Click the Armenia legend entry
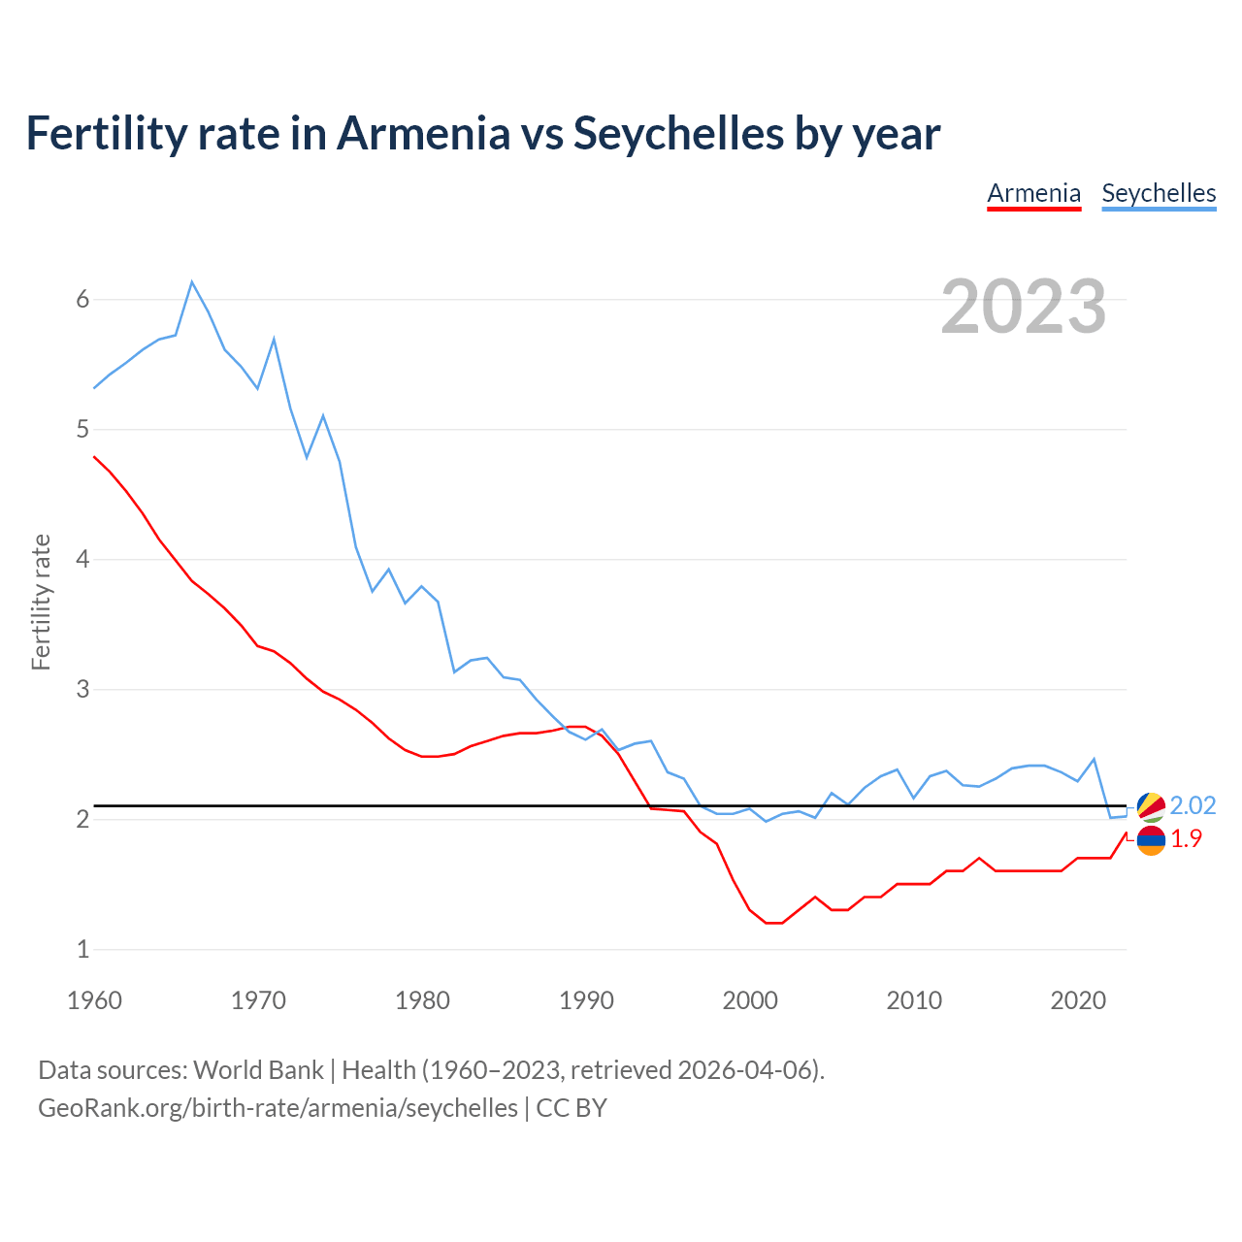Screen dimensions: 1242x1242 (x=1033, y=193)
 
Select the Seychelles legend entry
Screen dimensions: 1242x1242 (x=1159, y=193)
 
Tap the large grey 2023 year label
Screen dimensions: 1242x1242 (x=1024, y=307)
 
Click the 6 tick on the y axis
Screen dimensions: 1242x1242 (x=82, y=299)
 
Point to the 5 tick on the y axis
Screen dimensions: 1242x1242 (x=82, y=429)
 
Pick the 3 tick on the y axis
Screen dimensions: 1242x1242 (x=82, y=689)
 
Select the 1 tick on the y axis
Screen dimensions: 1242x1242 (x=82, y=949)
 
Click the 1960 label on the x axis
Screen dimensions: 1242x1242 (x=94, y=1000)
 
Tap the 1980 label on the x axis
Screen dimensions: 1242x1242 (x=422, y=1000)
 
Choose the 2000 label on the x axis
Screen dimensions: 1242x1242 (x=750, y=1000)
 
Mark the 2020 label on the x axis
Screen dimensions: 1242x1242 (x=1078, y=1000)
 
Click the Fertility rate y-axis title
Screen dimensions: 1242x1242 (x=41, y=602)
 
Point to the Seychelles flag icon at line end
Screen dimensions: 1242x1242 (x=1151, y=806)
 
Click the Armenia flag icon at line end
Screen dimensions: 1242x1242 (x=1151, y=840)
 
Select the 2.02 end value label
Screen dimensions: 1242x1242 (x=1193, y=805)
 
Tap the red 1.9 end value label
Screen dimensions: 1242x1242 (x=1186, y=839)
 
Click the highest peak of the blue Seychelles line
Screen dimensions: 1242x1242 (x=192, y=282)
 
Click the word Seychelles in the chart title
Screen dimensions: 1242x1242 (x=679, y=133)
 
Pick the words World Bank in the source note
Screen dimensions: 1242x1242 (x=258, y=1069)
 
